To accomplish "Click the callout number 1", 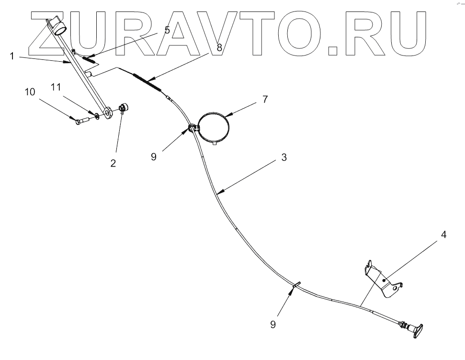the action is point(11,56).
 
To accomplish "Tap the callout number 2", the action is point(113,163).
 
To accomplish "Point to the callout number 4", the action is point(444,235).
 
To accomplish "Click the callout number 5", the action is point(167,30).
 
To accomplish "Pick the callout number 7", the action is point(265,99).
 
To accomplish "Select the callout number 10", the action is point(30,91).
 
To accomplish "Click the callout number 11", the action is point(57,87).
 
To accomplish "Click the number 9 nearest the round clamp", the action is point(154,157).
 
